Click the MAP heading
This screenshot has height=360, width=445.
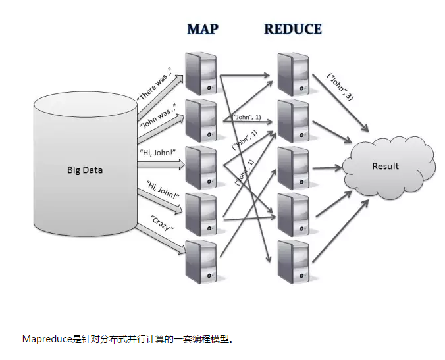[x=203, y=29]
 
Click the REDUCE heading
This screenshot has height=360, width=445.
[x=292, y=29]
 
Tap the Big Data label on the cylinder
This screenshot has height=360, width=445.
[x=85, y=170]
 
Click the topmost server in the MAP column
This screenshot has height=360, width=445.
[x=201, y=72]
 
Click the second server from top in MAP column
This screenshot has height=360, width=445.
[x=201, y=120]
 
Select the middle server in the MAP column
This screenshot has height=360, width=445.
[x=201, y=167]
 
